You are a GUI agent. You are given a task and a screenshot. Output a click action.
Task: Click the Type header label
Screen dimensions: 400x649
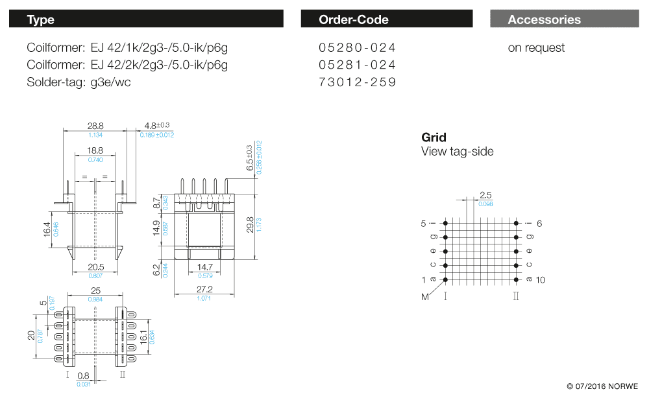coord(40,19)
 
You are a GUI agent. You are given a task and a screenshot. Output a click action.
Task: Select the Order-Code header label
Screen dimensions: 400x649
coord(354,19)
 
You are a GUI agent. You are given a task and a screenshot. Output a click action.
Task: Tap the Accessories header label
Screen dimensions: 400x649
coord(544,19)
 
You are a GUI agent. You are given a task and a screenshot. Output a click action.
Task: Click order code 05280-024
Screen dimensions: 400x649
coord(357,48)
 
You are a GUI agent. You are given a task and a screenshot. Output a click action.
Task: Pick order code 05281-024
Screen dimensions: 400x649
coord(357,65)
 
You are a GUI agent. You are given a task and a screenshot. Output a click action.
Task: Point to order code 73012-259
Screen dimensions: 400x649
coord(357,82)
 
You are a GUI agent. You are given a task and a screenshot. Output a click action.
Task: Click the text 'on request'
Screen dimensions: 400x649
coord(536,48)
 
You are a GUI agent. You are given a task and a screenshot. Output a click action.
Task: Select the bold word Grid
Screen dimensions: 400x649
coord(434,137)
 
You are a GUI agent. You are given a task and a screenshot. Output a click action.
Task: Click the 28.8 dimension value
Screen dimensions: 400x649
coord(95,126)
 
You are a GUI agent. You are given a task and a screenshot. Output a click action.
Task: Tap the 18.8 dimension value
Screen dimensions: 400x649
coord(95,150)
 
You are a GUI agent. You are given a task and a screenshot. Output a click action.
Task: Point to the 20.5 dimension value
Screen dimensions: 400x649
coord(95,267)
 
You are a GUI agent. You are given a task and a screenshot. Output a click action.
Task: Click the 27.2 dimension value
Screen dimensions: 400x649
coord(204,289)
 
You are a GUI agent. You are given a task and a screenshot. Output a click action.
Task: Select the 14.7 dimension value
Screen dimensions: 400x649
coord(204,267)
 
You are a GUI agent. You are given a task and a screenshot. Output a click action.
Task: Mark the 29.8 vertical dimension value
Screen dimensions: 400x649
coord(251,224)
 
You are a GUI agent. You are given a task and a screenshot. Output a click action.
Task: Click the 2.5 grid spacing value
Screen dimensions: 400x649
coord(485,195)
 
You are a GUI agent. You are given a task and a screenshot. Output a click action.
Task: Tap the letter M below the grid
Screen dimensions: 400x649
coord(425,297)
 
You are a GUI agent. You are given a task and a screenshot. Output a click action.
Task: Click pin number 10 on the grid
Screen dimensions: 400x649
coord(542,280)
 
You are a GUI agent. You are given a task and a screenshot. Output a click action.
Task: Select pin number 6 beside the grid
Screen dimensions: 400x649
coord(539,223)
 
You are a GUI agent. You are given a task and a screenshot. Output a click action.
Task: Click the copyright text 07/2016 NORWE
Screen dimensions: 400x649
coord(602,386)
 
